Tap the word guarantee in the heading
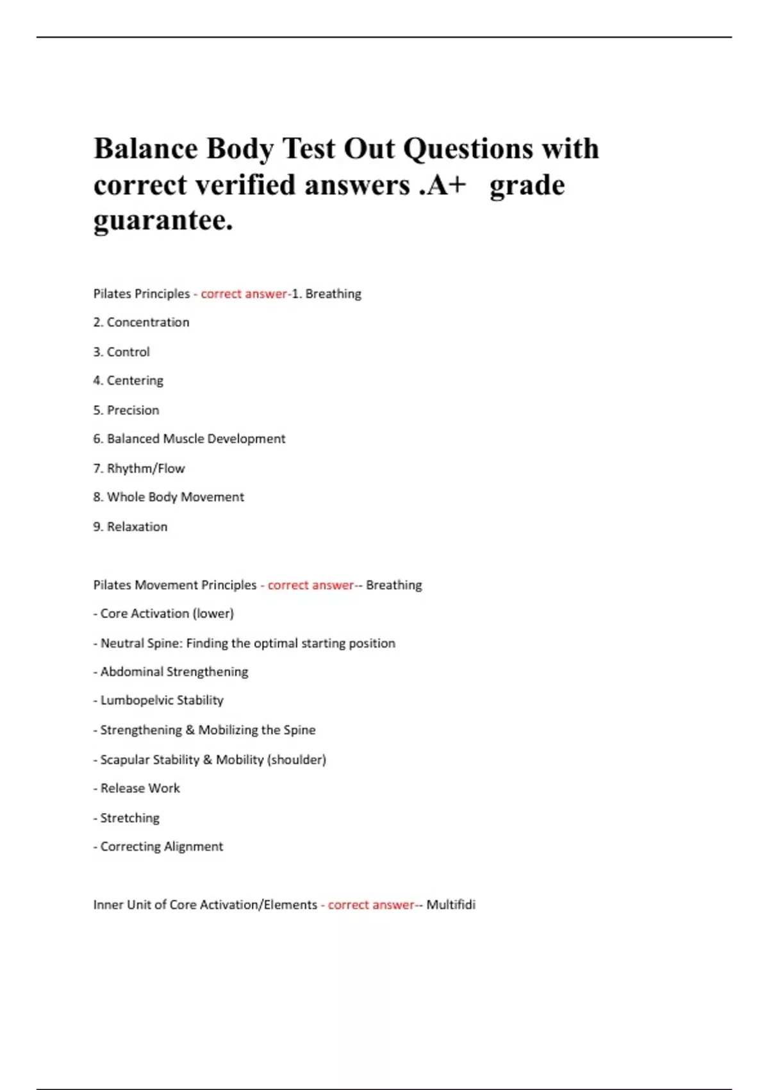click(x=163, y=221)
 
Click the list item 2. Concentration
click(x=141, y=323)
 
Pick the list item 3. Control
click(x=121, y=352)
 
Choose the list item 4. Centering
click(x=128, y=381)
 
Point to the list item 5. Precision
click(x=126, y=410)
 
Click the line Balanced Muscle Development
click(x=195, y=439)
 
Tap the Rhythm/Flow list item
click(x=145, y=469)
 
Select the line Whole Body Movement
click(x=175, y=498)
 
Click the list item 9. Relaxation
click(x=130, y=527)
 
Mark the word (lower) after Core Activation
click(x=213, y=614)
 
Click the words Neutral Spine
click(x=141, y=643)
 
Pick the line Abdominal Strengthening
click(x=174, y=672)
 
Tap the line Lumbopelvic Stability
click(x=161, y=701)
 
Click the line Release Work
click(x=140, y=789)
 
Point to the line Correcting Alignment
click(x=161, y=847)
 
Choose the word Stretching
click(x=129, y=818)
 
